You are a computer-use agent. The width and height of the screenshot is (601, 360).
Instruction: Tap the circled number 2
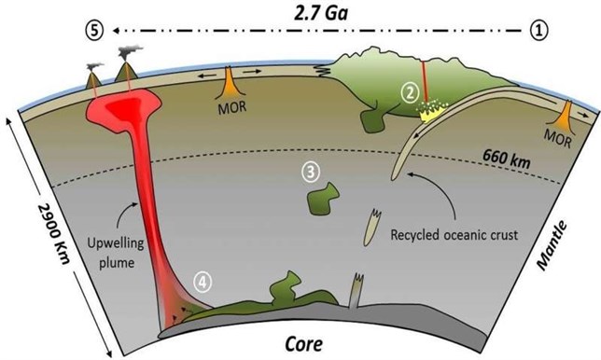coord(407,91)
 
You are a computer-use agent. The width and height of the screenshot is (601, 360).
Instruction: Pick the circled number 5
coord(91,29)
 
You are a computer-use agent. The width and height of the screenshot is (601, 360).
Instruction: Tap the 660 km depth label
coord(509,159)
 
